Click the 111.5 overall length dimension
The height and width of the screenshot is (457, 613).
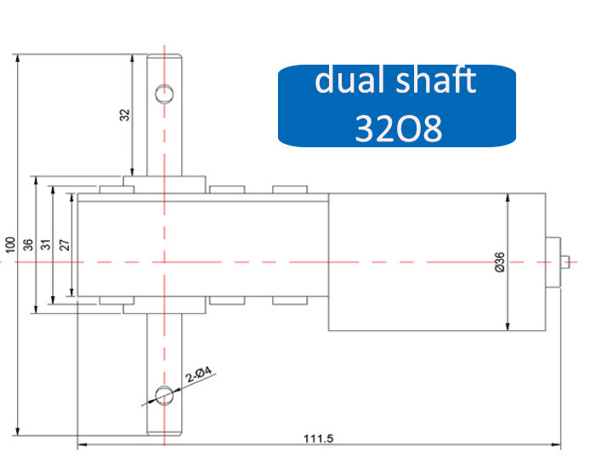(x=318, y=438)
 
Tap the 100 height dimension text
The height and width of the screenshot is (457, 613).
(x=9, y=245)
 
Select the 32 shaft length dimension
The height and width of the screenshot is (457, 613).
(x=124, y=115)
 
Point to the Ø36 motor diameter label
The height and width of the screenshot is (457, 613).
(x=500, y=262)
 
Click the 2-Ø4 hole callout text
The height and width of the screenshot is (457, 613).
(x=199, y=374)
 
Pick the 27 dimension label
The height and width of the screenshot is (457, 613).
(x=65, y=245)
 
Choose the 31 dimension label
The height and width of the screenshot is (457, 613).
(x=46, y=245)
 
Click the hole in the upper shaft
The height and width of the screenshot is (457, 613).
(x=164, y=94)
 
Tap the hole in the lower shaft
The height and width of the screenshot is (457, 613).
(x=164, y=395)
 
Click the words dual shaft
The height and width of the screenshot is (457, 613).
(x=395, y=80)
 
